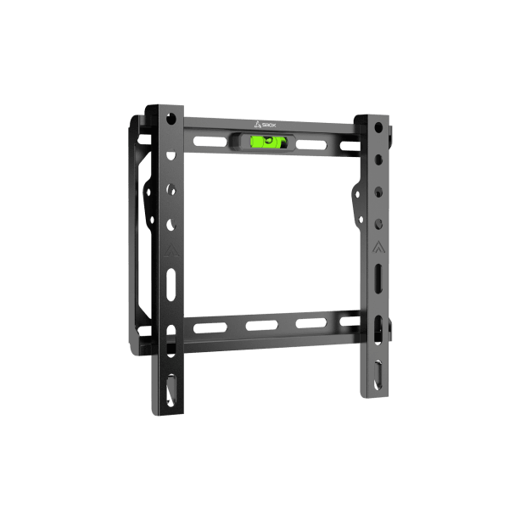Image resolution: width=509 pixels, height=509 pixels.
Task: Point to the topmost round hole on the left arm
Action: (x=171, y=115)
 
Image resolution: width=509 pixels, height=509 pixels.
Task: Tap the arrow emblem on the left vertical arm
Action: (x=171, y=251)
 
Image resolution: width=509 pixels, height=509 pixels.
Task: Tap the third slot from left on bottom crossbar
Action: (x=310, y=323)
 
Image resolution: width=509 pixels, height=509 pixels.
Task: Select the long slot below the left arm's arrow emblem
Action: (x=171, y=281)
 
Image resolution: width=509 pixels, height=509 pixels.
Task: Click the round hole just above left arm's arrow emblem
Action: (x=171, y=225)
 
